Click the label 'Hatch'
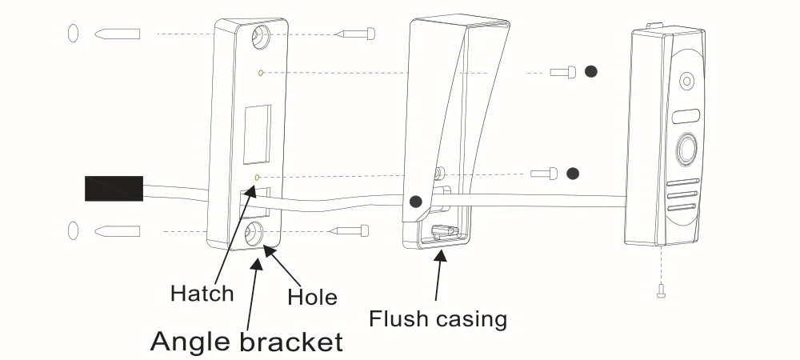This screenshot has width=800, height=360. pos(202,294)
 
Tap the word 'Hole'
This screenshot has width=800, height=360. pos(312,297)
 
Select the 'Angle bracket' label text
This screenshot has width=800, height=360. pos(246,342)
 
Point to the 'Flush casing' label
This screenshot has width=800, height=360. pos(438,318)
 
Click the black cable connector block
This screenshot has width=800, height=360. pos(114,189)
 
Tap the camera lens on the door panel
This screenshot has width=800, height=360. pos(686,81)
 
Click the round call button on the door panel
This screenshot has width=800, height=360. pos(686,150)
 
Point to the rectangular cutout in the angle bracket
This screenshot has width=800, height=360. pos(257,134)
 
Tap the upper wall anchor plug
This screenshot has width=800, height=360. pos(118,34)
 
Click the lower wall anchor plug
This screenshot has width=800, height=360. pos(118,231)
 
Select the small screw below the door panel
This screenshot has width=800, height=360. pos(662,290)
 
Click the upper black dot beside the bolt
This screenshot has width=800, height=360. pos(591,71)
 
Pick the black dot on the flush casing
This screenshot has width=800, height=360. pos(416,202)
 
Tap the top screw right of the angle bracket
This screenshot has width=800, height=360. pos(356,34)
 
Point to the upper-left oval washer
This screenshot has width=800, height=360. pos(73,33)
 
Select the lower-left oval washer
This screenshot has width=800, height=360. pos(73,230)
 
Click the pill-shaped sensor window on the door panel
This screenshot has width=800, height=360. pos(686,116)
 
